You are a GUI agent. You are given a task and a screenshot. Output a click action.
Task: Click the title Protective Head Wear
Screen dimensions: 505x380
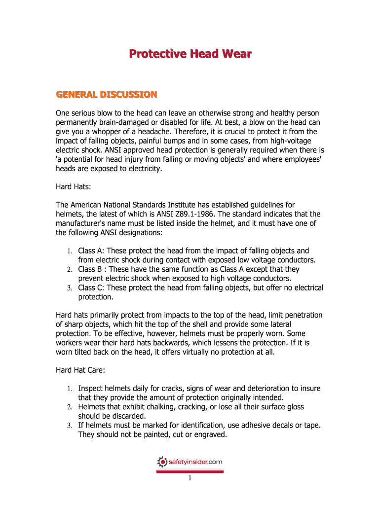click(x=190, y=54)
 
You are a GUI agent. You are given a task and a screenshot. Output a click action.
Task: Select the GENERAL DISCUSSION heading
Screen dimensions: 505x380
click(x=106, y=94)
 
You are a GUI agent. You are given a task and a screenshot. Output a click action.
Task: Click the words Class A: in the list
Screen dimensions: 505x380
click(x=91, y=251)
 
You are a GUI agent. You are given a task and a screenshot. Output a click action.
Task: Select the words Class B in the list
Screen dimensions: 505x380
click(x=90, y=269)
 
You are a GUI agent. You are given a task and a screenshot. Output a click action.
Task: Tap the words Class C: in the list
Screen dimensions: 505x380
click(x=91, y=288)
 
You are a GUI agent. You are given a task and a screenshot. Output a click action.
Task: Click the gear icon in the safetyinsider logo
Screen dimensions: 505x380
click(x=162, y=462)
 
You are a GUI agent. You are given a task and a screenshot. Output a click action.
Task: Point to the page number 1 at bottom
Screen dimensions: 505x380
click(x=190, y=478)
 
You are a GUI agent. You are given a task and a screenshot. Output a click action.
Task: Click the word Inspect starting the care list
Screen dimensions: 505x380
click(x=91, y=389)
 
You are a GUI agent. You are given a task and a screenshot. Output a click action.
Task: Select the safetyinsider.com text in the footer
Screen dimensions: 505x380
click(x=195, y=462)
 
